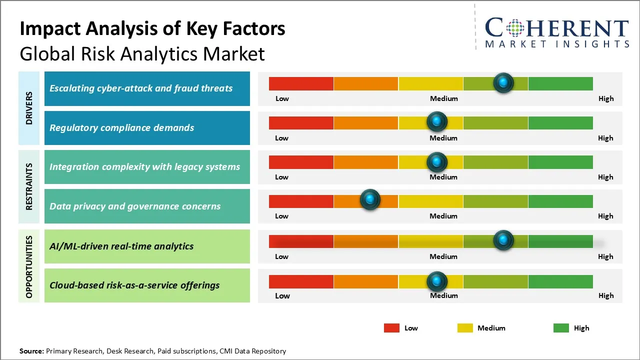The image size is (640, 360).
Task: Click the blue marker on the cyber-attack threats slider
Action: [503, 82]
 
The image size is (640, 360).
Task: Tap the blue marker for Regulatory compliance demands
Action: [437, 121]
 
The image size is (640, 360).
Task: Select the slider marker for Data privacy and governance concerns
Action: [370, 200]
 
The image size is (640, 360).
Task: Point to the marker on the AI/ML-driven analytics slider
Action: [503, 240]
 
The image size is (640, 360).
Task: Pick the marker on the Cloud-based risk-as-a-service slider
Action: [437, 281]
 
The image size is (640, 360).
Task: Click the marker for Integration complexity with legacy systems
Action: [437, 161]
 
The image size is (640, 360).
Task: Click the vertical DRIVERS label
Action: [29, 108]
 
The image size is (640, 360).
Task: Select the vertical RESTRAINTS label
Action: [29, 186]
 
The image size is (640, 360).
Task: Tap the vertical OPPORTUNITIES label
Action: [29, 266]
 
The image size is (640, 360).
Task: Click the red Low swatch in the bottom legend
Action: [391, 328]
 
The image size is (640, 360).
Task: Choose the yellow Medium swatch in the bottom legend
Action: [465, 328]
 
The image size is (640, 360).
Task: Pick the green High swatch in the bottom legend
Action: [561, 328]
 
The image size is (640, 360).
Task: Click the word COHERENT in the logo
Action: [556, 28]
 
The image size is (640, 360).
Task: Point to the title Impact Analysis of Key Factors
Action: [152, 29]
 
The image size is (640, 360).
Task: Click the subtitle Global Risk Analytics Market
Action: [142, 53]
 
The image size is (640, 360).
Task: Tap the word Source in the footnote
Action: [31, 351]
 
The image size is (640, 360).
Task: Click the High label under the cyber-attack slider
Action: [606, 98]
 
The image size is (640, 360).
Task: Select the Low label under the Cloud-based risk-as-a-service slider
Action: [282, 295]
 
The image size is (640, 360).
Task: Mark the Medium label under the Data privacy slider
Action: [443, 216]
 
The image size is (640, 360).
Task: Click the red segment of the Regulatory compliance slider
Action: [301, 122]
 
